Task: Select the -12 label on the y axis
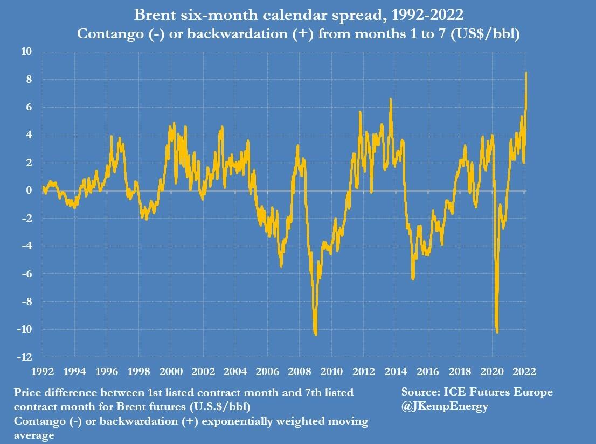(x=25, y=357)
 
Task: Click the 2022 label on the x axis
(x=524, y=372)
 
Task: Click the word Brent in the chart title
(x=157, y=13)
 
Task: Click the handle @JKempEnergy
(x=445, y=406)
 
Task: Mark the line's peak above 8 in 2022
(x=526, y=73)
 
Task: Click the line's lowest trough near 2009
(x=315, y=334)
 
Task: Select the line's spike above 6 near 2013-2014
(x=390, y=100)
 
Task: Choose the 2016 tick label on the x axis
(x=428, y=372)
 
